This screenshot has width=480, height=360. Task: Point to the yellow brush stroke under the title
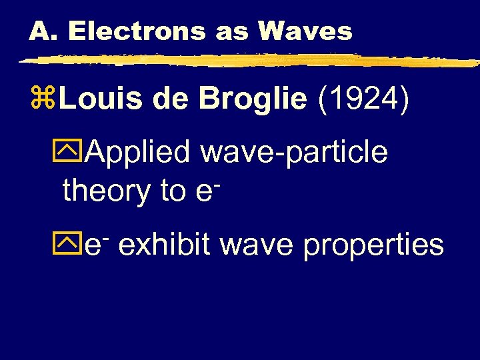click(247, 61)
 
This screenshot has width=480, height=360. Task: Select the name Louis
click(98, 101)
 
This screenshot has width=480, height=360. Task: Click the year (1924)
click(363, 101)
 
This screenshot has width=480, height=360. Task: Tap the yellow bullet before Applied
click(75, 153)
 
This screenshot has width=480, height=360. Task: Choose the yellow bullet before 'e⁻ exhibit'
click(75, 245)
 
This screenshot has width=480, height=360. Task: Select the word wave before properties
click(257, 245)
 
